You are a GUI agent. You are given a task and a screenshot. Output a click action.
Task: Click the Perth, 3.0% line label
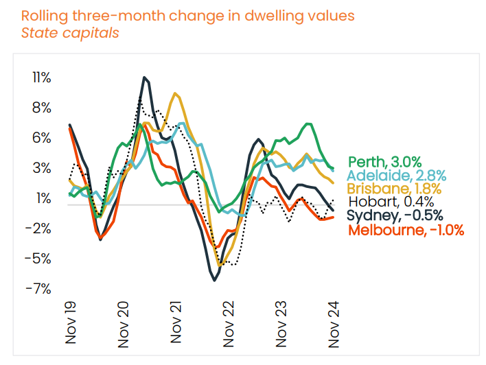pos(384,162)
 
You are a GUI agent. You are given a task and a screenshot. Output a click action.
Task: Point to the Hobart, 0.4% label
pos(391,202)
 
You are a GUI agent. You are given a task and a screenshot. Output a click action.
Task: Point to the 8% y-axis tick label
pos(42,108)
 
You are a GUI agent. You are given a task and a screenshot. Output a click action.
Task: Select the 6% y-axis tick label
pos(42,138)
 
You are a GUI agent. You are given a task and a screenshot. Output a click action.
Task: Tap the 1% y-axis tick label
pos(43,198)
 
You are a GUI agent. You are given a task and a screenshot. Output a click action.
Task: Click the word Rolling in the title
pos(43,14)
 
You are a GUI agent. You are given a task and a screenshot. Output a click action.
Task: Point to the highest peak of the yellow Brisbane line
pos(176,93)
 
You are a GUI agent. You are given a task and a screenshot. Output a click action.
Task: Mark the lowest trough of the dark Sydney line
pos(215,280)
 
